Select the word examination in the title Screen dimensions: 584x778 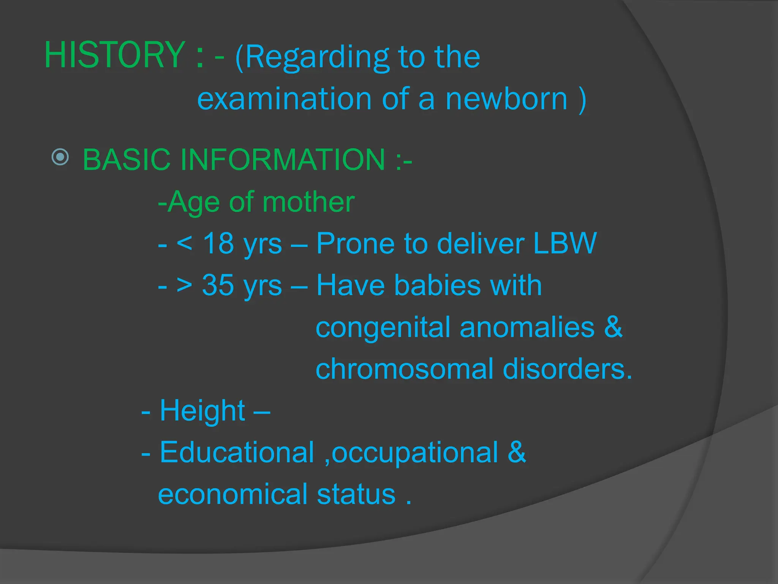tap(284, 99)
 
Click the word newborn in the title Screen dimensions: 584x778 tap(506, 99)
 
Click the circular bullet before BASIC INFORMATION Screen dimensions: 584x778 tap(60, 157)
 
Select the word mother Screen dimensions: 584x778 tap(308, 202)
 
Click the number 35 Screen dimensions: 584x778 tap(218, 285)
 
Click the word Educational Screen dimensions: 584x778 tap(237, 452)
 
